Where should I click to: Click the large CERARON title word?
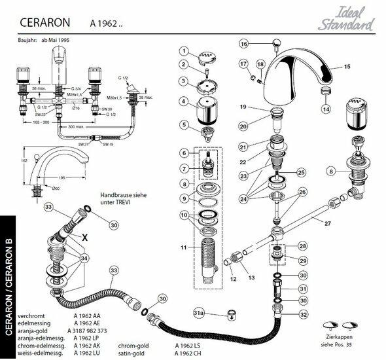coord(44,24)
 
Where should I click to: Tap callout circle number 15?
coord(347,66)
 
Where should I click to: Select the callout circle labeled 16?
coord(244,44)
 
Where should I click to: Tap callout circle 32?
coord(286,314)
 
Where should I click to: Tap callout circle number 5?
coord(185,124)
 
